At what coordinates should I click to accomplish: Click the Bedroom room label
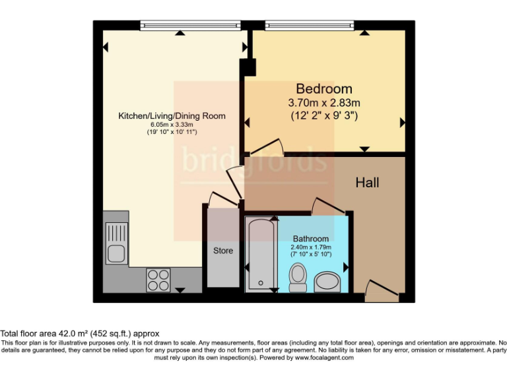point(323,88)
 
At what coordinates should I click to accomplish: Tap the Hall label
point(367,182)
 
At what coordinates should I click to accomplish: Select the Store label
point(222,251)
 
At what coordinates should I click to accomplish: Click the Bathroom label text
point(310,239)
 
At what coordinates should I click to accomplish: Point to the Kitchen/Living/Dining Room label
point(172,116)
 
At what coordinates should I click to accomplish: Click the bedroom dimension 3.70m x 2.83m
point(323,103)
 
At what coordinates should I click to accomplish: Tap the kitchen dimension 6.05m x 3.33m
point(172,125)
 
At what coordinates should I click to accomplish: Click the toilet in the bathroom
point(298,277)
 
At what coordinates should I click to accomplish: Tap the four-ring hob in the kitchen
point(158,280)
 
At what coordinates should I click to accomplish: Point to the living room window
point(189,26)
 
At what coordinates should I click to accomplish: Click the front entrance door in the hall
point(382,292)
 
